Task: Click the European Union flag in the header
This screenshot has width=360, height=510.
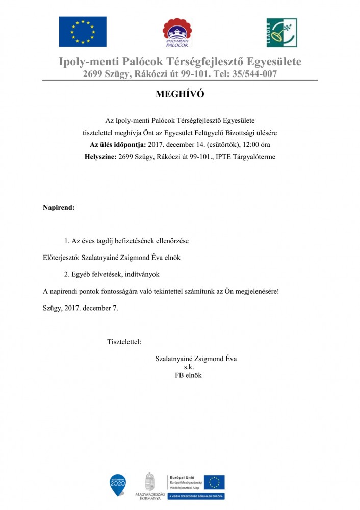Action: tap(83, 32)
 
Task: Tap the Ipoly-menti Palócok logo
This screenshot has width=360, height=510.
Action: tap(179, 33)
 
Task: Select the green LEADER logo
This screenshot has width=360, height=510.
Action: tap(281, 33)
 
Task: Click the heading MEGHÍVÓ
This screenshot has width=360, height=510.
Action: tap(179, 95)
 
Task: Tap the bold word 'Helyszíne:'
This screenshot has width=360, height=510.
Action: tap(100, 157)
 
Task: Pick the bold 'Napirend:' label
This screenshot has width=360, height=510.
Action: tap(59, 208)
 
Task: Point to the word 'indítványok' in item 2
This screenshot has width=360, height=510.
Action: tap(143, 274)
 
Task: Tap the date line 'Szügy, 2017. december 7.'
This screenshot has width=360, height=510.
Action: tap(81, 308)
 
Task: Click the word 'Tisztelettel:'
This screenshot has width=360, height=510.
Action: tap(124, 341)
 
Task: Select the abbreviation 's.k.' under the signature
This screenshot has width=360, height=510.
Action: tap(189, 367)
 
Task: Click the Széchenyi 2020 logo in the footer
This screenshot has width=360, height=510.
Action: tap(118, 485)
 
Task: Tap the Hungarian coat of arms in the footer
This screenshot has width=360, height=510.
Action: tap(149, 482)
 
